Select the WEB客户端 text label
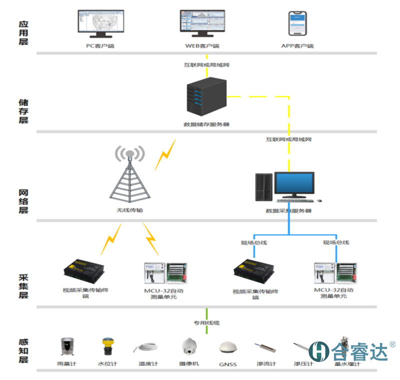(x=202, y=46)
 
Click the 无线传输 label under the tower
(x=129, y=210)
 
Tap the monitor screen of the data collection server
(x=294, y=184)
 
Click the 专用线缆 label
(x=206, y=322)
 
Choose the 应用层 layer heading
(x=23, y=33)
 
